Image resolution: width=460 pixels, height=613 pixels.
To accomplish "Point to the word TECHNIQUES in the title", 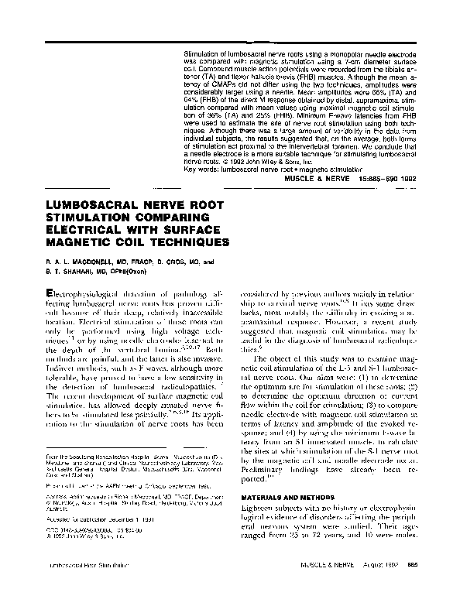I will tap(187, 242).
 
